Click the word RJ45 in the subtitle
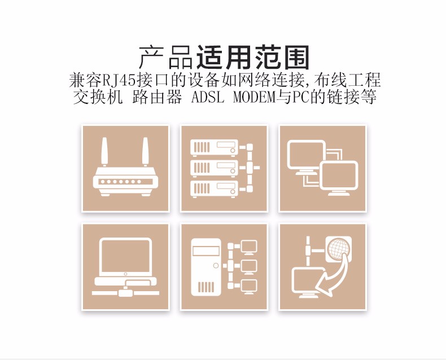coord(119,80)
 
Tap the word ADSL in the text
coord(208,97)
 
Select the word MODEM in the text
coord(254,97)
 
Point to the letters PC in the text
coord(300,97)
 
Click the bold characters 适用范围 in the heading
coord(253,58)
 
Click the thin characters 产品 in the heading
coord(167,58)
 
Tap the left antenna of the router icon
coord(104,152)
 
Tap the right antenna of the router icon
coord(145,152)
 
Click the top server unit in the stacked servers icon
coord(214,148)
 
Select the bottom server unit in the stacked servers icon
coord(214,189)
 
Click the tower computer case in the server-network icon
coord(206,267)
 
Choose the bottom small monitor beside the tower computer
coord(249,287)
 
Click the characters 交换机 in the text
coord(98,97)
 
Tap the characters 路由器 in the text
coord(157,97)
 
